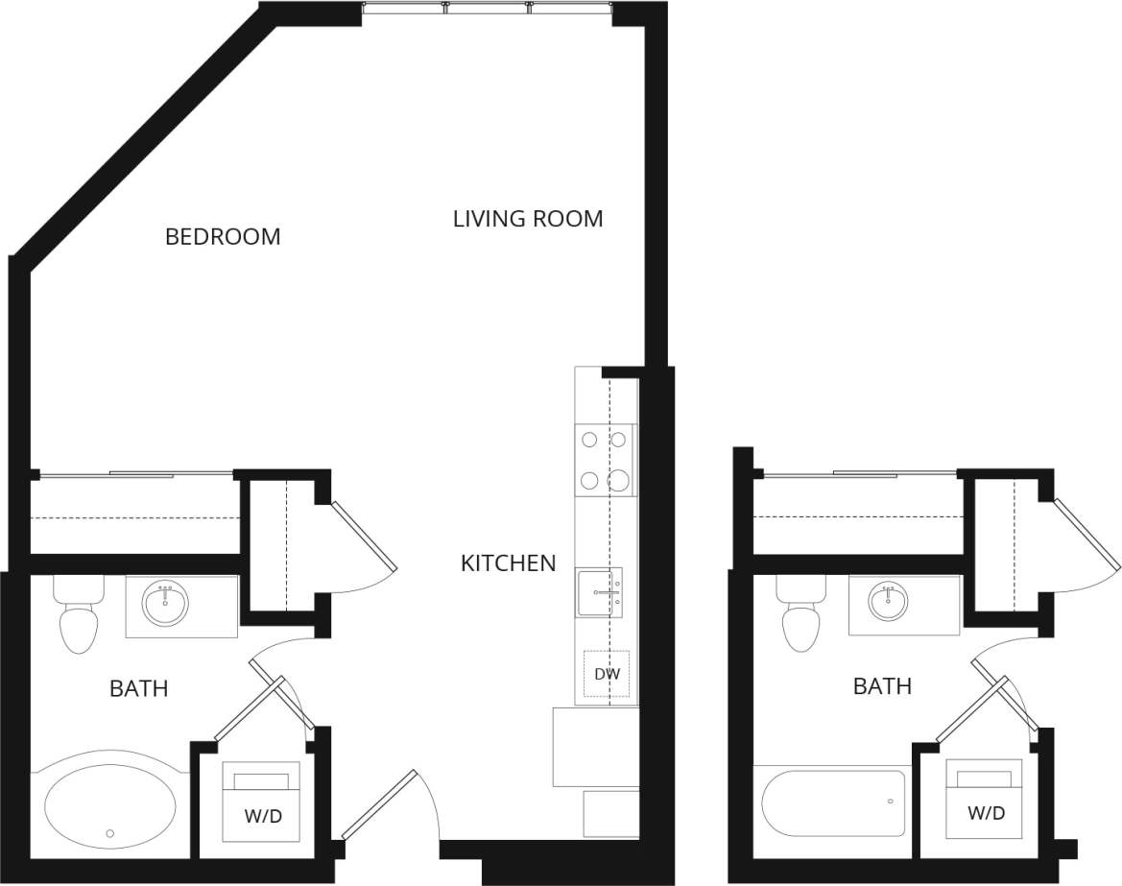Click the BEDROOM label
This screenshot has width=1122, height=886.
223,236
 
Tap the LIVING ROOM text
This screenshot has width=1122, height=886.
528,219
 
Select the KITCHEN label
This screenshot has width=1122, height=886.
508,563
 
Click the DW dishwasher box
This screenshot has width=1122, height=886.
607,675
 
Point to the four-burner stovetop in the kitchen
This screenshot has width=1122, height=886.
605,459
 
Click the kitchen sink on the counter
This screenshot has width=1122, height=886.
599,592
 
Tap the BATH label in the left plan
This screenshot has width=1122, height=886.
138,688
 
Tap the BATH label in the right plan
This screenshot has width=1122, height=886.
882,686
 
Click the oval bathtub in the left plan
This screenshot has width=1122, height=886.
110,804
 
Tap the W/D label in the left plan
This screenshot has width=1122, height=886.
263,817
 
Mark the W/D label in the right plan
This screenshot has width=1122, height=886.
986,813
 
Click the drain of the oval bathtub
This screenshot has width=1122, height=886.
110,833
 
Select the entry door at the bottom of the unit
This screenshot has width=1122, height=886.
380,803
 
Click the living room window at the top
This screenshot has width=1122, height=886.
487,9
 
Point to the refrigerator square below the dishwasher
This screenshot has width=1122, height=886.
595,747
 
